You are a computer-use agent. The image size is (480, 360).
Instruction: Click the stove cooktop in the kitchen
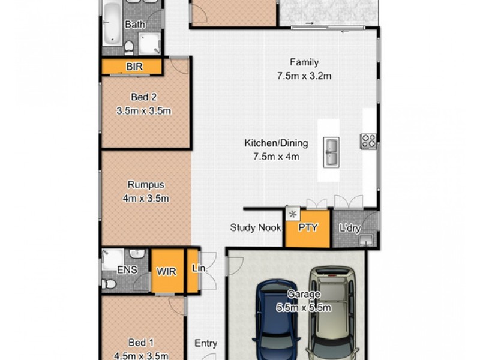tap(368, 142)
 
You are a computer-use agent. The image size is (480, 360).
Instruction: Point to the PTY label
tap(307, 227)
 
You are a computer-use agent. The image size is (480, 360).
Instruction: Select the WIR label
tap(166, 271)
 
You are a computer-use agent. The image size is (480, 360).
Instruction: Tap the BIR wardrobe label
tap(134, 67)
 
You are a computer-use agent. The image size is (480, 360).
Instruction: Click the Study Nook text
tap(256, 227)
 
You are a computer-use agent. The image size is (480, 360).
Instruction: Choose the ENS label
tap(127, 271)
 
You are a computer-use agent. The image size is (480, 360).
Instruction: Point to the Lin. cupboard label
tap(199, 270)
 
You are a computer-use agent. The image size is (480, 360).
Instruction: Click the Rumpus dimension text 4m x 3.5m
tap(146, 199)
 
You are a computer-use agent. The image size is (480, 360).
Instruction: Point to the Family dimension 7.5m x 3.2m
tap(304, 76)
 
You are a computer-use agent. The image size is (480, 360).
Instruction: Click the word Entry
tap(206, 344)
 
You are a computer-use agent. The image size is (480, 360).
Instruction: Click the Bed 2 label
tap(143, 97)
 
